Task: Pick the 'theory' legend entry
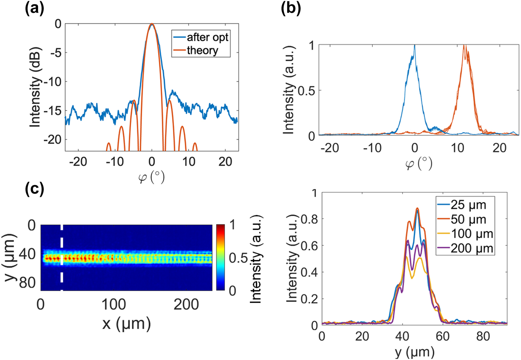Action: [202, 50]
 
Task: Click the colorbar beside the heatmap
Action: [220, 258]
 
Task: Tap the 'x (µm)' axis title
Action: [126, 324]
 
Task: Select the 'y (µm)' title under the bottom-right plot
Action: [414, 352]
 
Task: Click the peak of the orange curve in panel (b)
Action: [465, 46]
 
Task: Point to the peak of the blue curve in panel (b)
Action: [414, 46]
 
